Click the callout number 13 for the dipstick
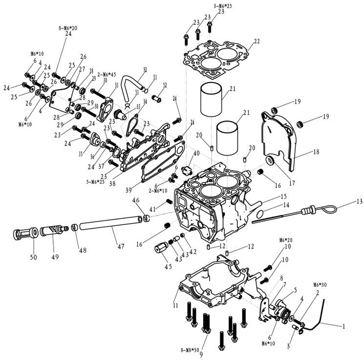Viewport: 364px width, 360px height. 360,201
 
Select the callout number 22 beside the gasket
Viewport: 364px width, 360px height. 257,42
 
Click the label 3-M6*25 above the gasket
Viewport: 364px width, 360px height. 222,5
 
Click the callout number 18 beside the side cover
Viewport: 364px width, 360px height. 316,152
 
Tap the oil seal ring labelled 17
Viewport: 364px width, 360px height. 271,161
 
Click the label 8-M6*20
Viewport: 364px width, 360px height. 67,28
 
